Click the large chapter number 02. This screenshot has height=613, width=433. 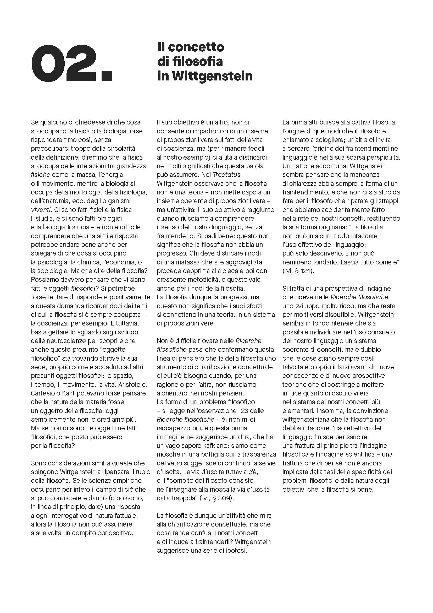click(x=71, y=63)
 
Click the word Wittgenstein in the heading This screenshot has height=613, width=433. click(x=212, y=76)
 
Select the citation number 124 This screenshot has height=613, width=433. click(x=306, y=271)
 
